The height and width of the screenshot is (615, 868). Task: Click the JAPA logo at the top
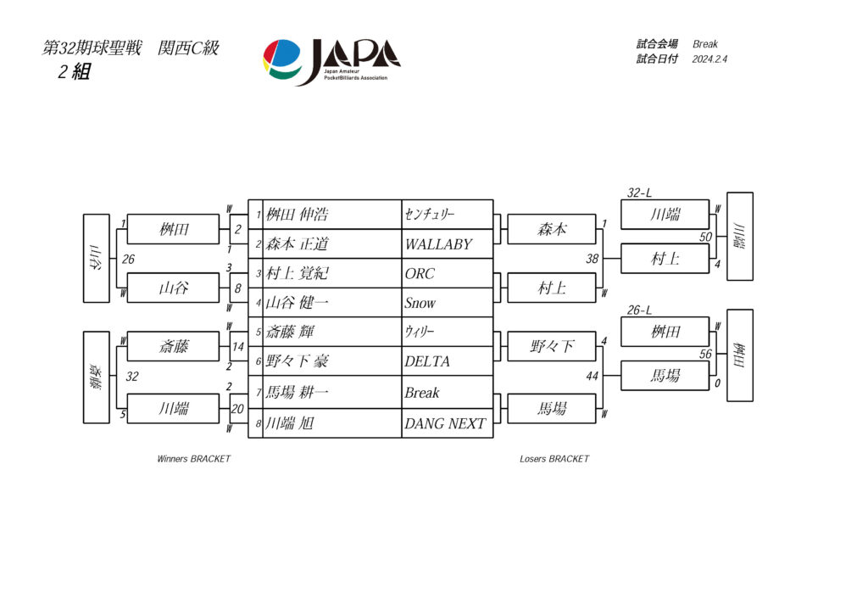(x=331, y=61)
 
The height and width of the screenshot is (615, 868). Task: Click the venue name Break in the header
(x=705, y=44)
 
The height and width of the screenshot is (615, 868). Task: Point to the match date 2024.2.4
(x=710, y=59)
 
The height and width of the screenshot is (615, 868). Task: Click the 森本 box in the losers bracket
(x=552, y=229)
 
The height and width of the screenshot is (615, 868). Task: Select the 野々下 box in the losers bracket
(x=552, y=346)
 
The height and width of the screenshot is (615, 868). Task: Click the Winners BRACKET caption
(x=193, y=459)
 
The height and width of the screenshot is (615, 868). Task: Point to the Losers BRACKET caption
(x=554, y=459)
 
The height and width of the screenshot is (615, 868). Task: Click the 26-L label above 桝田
(x=639, y=310)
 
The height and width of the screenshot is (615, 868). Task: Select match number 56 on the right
(x=705, y=355)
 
